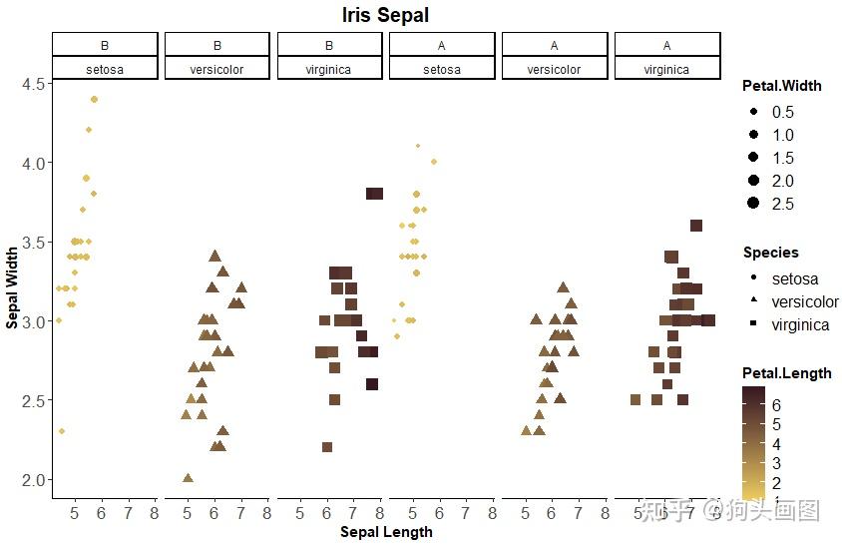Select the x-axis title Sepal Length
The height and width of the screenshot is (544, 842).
click(x=386, y=532)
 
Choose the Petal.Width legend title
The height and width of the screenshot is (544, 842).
click(x=782, y=86)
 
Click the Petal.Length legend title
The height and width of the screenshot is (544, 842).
click(x=786, y=373)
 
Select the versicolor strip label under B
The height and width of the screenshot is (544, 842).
click(x=217, y=70)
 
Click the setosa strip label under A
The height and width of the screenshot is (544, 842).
click(x=442, y=70)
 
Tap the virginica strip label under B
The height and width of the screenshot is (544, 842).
click(x=330, y=70)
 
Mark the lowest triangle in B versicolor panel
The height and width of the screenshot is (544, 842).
click(x=188, y=478)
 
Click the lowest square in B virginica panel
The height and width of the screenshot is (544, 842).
click(x=327, y=447)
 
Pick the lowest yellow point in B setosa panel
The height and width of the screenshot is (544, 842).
click(x=62, y=431)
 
